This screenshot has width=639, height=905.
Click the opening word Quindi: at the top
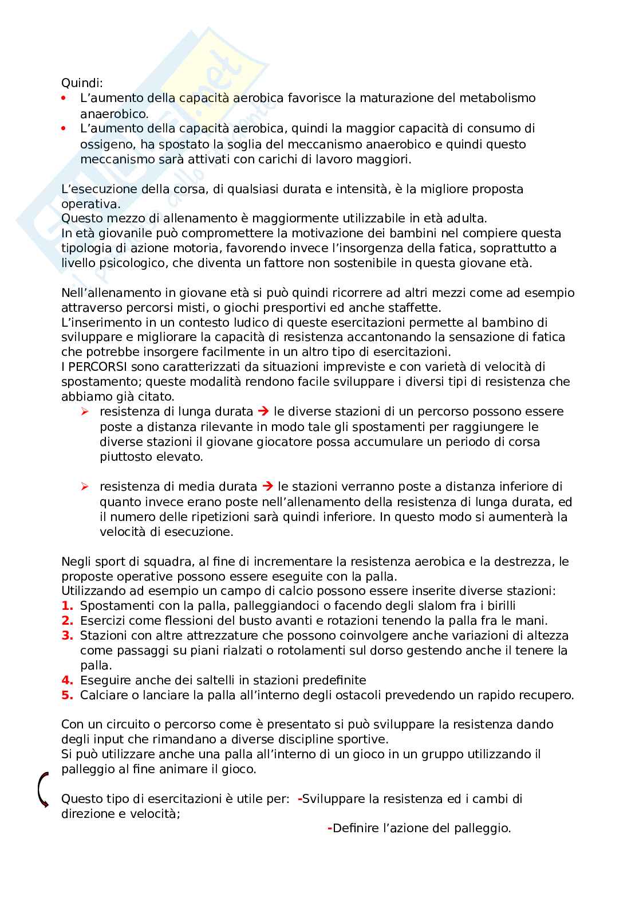pos(82,83)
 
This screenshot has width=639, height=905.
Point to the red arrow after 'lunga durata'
pos(263,412)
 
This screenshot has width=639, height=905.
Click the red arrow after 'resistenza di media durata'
pos(267,487)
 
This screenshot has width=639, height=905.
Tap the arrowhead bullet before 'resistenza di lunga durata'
pos(85,412)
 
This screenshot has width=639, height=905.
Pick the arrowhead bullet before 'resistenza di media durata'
pos(85,487)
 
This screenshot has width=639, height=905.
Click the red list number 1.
pos(68,606)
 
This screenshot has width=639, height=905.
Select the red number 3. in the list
pos(68,636)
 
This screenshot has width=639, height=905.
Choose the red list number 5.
pos(68,696)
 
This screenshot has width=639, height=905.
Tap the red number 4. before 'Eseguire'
pos(68,680)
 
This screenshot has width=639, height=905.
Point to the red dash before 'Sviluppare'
pos(299,799)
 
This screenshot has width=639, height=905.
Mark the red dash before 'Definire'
pos(329,828)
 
